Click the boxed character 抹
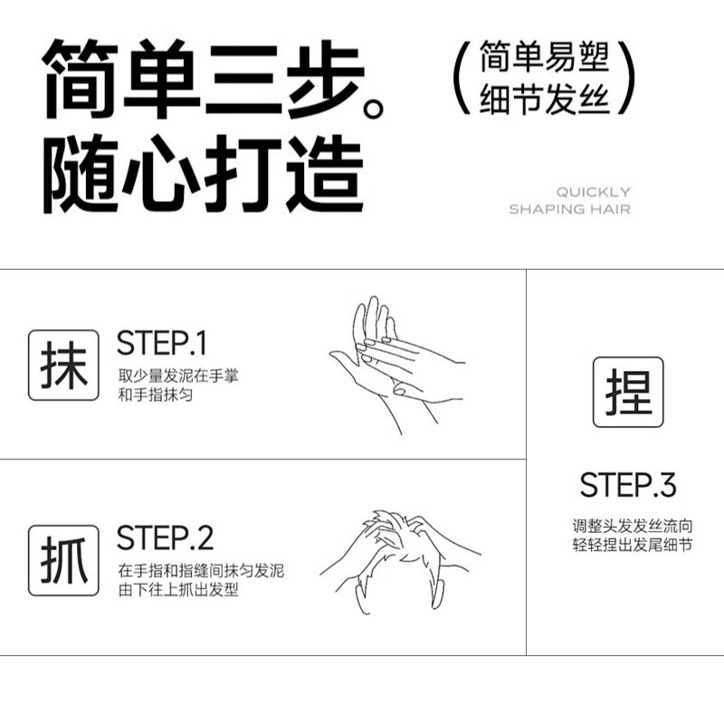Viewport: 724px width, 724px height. (x=63, y=366)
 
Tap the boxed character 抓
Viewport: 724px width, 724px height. (x=63, y=558)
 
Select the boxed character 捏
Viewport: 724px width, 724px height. (x=628, y=393)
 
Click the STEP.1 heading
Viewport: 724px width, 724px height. (x=162, y=344)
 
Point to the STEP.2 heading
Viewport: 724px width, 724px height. (x=165, y=538)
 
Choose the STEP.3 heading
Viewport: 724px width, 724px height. (x=628, y=485)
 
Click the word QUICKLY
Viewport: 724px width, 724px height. (x=593, y=192)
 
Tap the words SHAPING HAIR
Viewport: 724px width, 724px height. (x=569, y=209)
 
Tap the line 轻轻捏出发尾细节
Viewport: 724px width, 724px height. (x=627, y=545)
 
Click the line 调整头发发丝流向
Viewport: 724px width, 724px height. (x=627, y=526)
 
